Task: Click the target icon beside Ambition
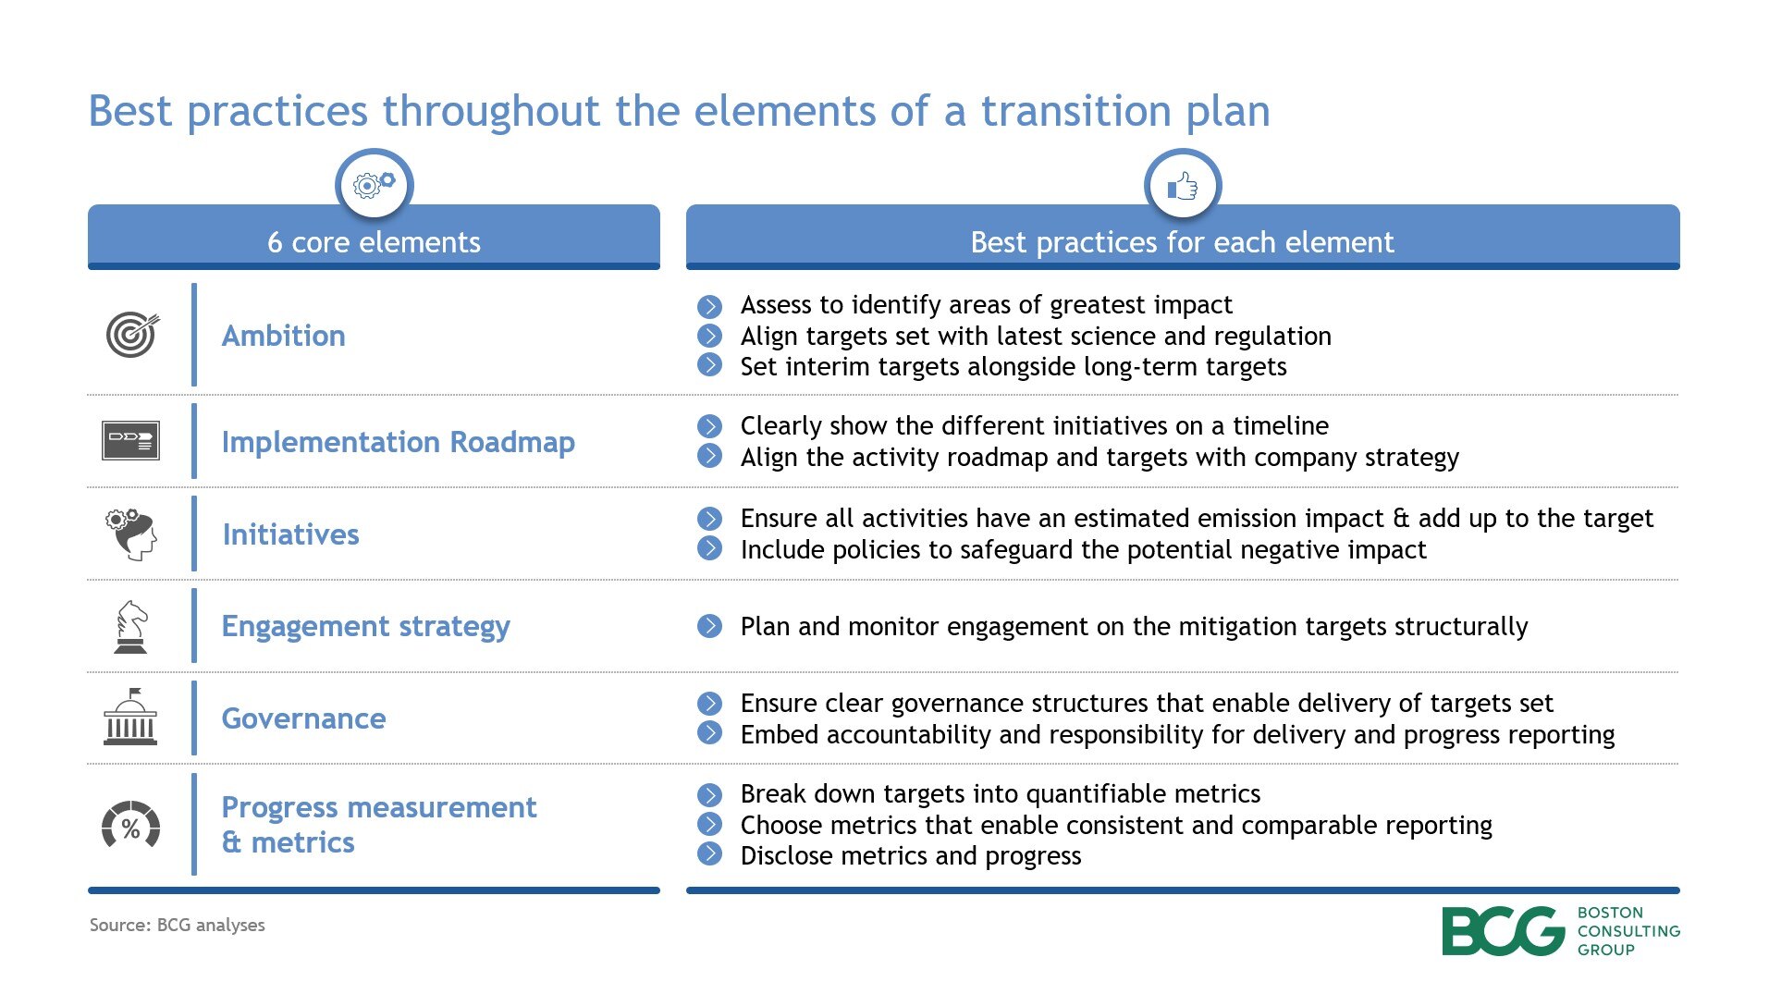click(x=132, y=335)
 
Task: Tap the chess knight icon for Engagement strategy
click(x=130, y=626)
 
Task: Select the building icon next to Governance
click(x=130, y=718)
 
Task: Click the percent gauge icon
click(x=130, y=825)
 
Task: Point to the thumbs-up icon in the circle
click(x=1182, y=187)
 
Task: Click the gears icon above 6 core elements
click(x=374, y=185)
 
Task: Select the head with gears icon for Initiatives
click(x=131, y=534)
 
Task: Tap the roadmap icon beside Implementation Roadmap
click(x=130, y=440)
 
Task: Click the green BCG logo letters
click(x=1502, y=930)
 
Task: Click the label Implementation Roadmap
click(x=398, y=442)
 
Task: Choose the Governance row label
click(x=303, y=718)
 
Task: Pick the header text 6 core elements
click(x=374, y=242)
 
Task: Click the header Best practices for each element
click(x=1182, y=242)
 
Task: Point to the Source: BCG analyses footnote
click(x=177, y=925)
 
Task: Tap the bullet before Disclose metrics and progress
click(x=709, y=853)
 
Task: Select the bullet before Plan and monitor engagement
click(x=709, y=626)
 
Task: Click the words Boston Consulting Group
click(x=1628, y=930)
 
